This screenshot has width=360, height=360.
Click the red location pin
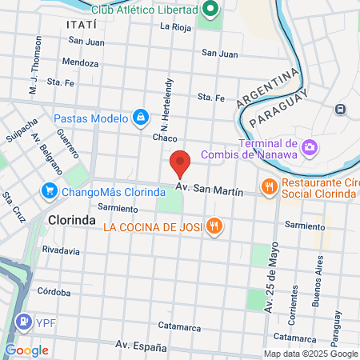pyautogui.click(x=180, y=164)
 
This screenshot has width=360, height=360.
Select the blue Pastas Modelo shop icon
pyautogui.click(x=141, y=118)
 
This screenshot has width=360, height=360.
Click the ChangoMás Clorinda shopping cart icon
pyautogui.click(x=50, y=191)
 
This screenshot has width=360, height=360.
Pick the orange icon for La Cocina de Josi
pyautogui.click(x=213, y=226)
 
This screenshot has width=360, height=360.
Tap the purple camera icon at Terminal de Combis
pyautogui.click(x=310, y=147)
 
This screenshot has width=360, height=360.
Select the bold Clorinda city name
pyautogui.click(x=71, y=219)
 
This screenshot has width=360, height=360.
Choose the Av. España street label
pyautogui.click(x=140, y=346)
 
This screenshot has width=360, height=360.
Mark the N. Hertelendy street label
pyautogui.click(x=166, y=105)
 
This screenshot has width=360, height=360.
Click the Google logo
pyautogui.click(x=26, y=350)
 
